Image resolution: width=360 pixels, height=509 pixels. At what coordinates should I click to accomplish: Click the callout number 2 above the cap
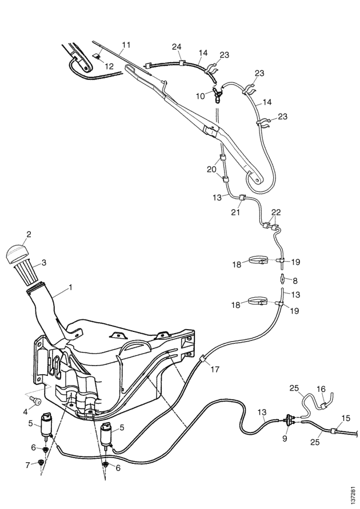(x=29, y=234)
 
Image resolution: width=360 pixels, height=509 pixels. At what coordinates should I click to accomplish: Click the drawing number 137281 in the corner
(x=354, y=494)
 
